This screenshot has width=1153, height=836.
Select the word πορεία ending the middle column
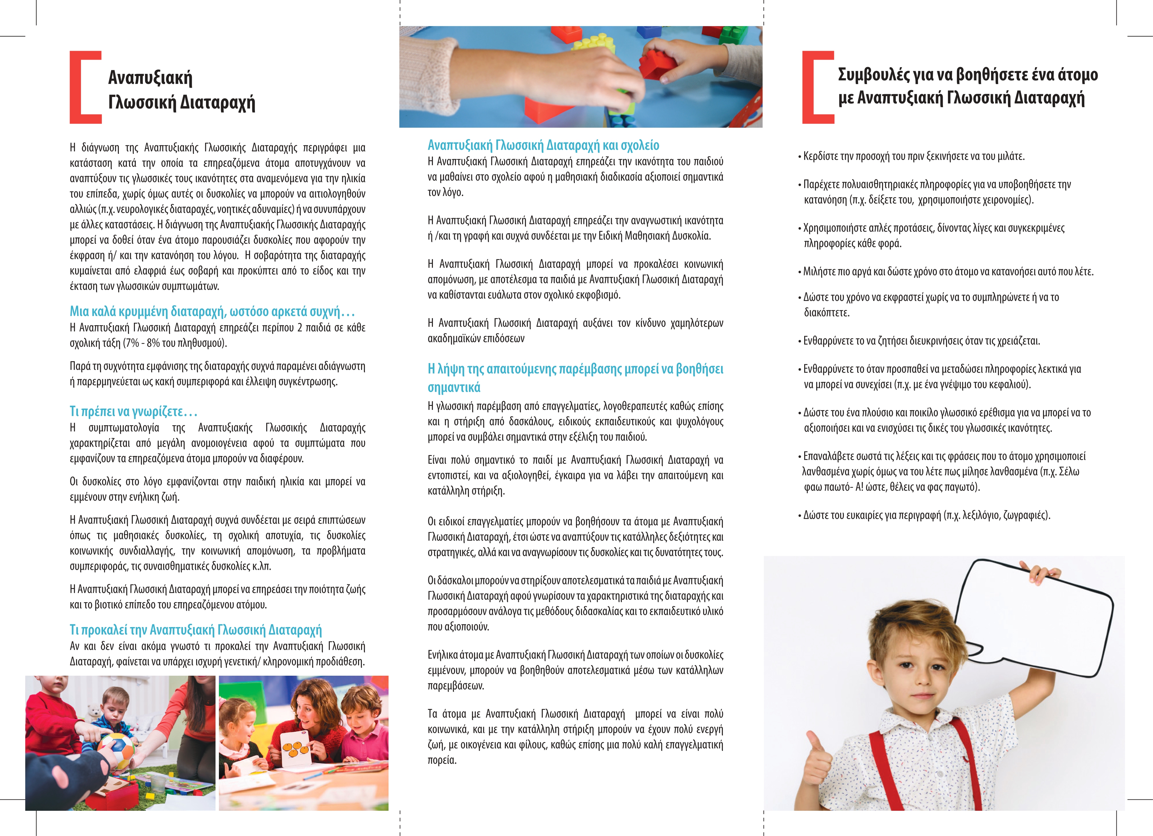pyautogui.click(x=442, y=760)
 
